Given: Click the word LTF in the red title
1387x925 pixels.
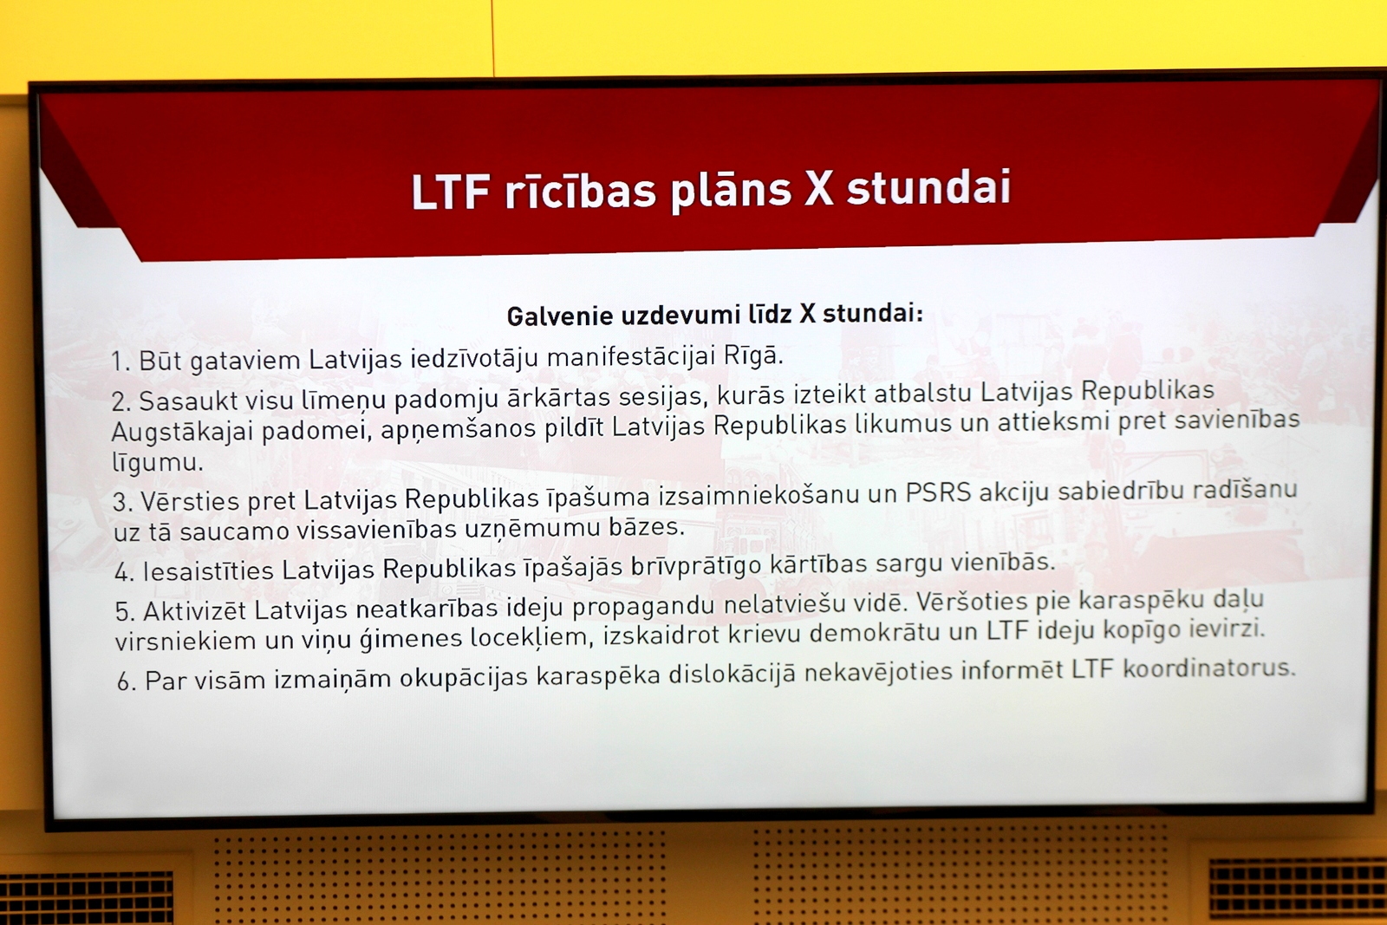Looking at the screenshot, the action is [451, 192].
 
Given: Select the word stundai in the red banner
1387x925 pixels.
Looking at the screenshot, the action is [928, 187].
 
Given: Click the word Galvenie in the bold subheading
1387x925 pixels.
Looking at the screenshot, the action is [560, 316].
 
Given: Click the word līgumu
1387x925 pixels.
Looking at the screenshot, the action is [157, 463].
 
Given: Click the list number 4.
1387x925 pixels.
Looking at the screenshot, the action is [124, 572].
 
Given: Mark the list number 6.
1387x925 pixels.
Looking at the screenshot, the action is [127, 681].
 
